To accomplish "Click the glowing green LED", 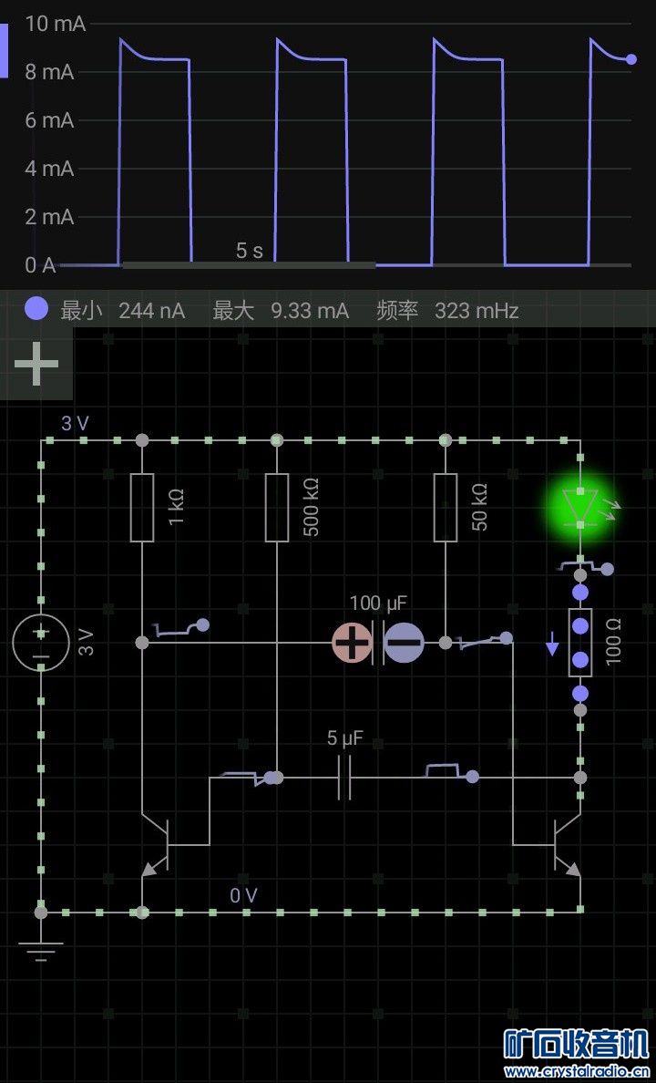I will point(580,504).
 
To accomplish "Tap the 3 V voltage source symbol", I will point(41,643).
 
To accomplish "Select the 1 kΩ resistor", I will point(142,508).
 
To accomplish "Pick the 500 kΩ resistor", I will point(277,508).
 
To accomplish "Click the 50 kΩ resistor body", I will point(445,508).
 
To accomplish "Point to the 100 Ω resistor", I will point(580,643).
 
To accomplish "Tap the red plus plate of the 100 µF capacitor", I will point(351,643).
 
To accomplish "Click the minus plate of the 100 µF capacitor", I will point(404,643).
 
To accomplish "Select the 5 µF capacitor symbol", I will point(343,778).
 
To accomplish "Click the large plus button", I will point(36,364).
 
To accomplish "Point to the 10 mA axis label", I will point(56,25).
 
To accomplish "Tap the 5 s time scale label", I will point(249,251).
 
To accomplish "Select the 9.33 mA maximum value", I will point(310,311).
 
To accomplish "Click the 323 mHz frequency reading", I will point(477,311).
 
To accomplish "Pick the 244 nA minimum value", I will point(151,311).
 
